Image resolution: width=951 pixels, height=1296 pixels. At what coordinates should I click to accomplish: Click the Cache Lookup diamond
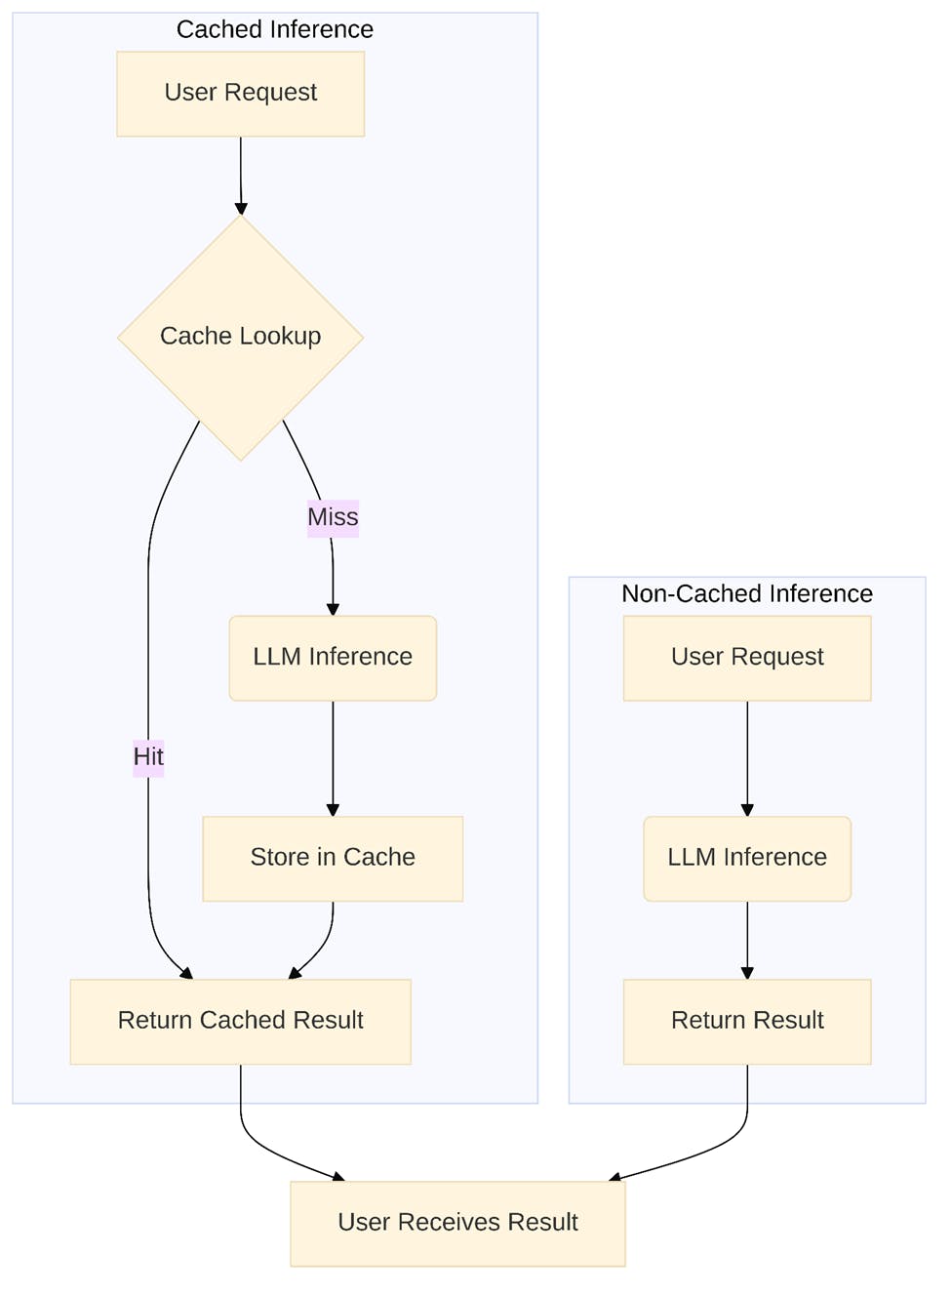pos(240,337)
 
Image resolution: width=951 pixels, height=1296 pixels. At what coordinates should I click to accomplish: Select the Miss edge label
pos(333,517)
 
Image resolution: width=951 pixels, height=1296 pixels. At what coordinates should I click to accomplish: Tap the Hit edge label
pos(148,757)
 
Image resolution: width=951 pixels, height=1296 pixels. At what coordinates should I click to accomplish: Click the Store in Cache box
pos(333,858)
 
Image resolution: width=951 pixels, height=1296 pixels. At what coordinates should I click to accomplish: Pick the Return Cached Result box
pos(240,1021)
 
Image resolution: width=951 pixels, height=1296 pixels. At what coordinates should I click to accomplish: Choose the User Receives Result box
pos(457,1223)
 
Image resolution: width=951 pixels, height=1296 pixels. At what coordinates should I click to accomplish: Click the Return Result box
pos(747,1021)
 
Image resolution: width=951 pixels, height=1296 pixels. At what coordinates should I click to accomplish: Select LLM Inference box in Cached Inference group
pos(333,657)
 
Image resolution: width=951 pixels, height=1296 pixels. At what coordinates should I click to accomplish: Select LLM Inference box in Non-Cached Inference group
pos(747,858)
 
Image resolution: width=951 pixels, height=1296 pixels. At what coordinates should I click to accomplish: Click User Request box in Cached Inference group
pos(240,93)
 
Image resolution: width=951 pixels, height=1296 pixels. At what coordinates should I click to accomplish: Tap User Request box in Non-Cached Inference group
pos(747,657)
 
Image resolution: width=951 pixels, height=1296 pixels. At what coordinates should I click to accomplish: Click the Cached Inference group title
pos(274,30)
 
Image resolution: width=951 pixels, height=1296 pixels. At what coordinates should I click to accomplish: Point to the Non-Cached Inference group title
pos(747,593)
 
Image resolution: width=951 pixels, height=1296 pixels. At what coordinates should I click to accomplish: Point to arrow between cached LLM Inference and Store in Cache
pos(333,757)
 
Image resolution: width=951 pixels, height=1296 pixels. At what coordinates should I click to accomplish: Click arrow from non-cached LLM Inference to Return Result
pos(747,939)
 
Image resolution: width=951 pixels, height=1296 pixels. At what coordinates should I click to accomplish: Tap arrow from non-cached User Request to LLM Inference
pos(747,757)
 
